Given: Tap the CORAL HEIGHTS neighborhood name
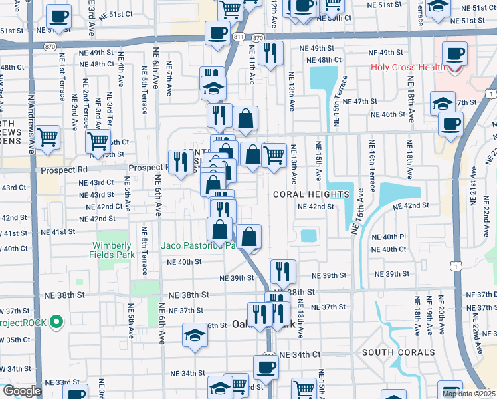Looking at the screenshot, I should click(x=312, y=194).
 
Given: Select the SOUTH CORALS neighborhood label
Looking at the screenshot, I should click(x=399, y=352).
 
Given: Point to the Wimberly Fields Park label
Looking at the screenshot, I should click(x=116, y=249).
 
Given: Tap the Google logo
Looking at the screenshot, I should click(x=21, y=391).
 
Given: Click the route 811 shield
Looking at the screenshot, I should click(x=239, y=38).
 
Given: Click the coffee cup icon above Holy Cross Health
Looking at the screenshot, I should click(x=455, y=54).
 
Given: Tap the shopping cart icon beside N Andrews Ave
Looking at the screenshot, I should click(x=48, y=138).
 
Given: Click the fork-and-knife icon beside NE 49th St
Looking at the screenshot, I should click(x=270, y=53).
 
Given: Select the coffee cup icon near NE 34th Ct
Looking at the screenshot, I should click(x=266, y=366).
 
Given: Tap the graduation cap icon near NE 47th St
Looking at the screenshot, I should click(x=443, y=103).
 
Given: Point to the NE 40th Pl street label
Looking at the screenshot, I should click(x=389, y=237).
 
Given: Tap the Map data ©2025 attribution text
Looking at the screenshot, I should click(x=468, y=394).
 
